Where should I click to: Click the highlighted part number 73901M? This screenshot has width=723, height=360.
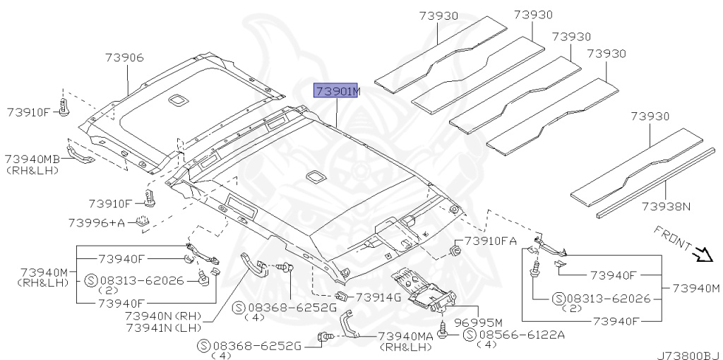(x=337, y=92)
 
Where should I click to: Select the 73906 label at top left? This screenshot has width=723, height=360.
(x=125, y=58)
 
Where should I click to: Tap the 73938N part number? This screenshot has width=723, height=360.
(x=665, y=208)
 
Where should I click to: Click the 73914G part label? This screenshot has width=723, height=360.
(x=378, y=297)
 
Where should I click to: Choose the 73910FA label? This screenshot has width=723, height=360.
(x=491, y=241)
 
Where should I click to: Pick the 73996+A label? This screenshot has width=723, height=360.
(x=96, y=222)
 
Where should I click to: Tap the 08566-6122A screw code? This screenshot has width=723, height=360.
(x=522, y=335)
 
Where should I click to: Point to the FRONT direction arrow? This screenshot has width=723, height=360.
(x=703, y=254)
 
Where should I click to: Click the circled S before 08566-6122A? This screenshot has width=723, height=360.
(x=470, y=335)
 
